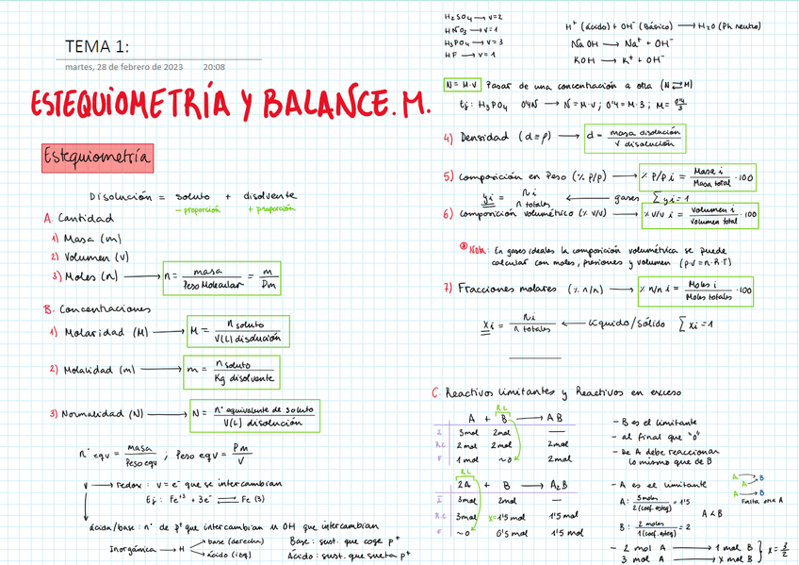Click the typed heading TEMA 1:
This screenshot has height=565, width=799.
97,48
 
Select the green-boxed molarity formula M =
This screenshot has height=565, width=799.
239,332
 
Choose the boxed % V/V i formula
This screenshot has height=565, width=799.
698,215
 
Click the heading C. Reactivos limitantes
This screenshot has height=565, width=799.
490,392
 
